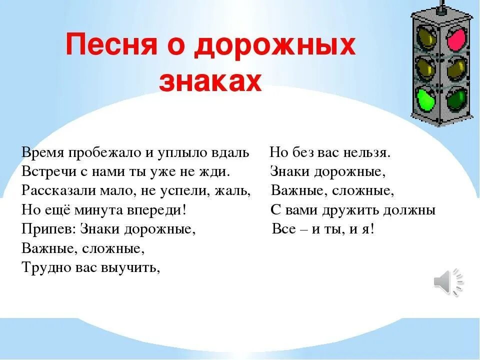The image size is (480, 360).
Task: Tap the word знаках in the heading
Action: point(210,81)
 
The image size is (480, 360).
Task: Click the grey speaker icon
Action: point(448,282)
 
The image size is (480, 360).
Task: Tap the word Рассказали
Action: point(55,191)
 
